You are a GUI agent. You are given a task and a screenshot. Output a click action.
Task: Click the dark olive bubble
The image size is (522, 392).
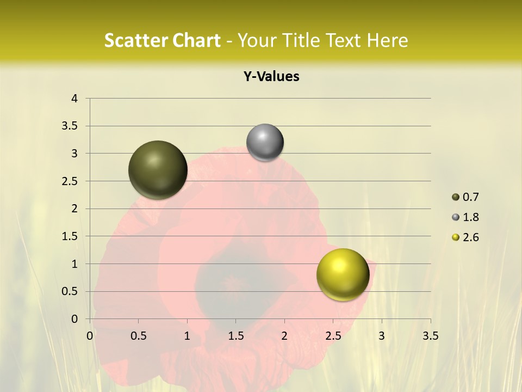coord(158,170)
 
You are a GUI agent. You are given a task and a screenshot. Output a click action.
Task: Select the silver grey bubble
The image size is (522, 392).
coord(265,143)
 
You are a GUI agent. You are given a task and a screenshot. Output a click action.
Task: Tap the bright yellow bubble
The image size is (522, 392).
coord(343,274)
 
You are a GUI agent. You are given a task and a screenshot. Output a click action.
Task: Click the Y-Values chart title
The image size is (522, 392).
coord(271,77)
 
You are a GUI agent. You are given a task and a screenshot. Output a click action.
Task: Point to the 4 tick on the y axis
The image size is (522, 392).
coord(74,99)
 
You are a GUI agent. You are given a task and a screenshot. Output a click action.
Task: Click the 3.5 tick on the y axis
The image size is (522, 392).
coord(70,126)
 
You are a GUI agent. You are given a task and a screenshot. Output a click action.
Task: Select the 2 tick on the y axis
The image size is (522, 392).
coord(74,209)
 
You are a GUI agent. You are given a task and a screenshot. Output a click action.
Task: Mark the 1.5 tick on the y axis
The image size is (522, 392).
coord(70,236)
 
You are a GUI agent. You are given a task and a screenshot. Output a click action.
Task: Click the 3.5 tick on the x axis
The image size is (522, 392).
coord(430,336)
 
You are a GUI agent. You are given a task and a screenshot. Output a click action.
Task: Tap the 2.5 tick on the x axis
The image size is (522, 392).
coord(333,336)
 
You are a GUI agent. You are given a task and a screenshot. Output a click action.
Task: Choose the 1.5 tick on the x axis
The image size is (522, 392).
coord(235,336)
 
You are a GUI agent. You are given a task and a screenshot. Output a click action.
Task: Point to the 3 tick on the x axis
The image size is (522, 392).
coord(382,336)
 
